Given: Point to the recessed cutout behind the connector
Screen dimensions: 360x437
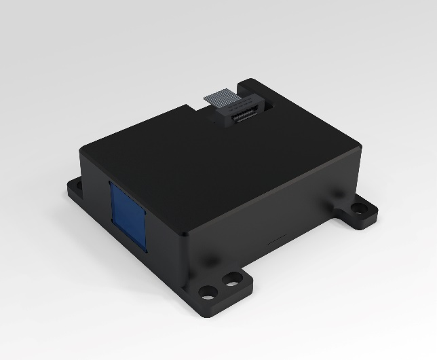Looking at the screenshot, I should coord(266,103).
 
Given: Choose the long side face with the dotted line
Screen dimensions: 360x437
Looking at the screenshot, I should coord(271,217).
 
